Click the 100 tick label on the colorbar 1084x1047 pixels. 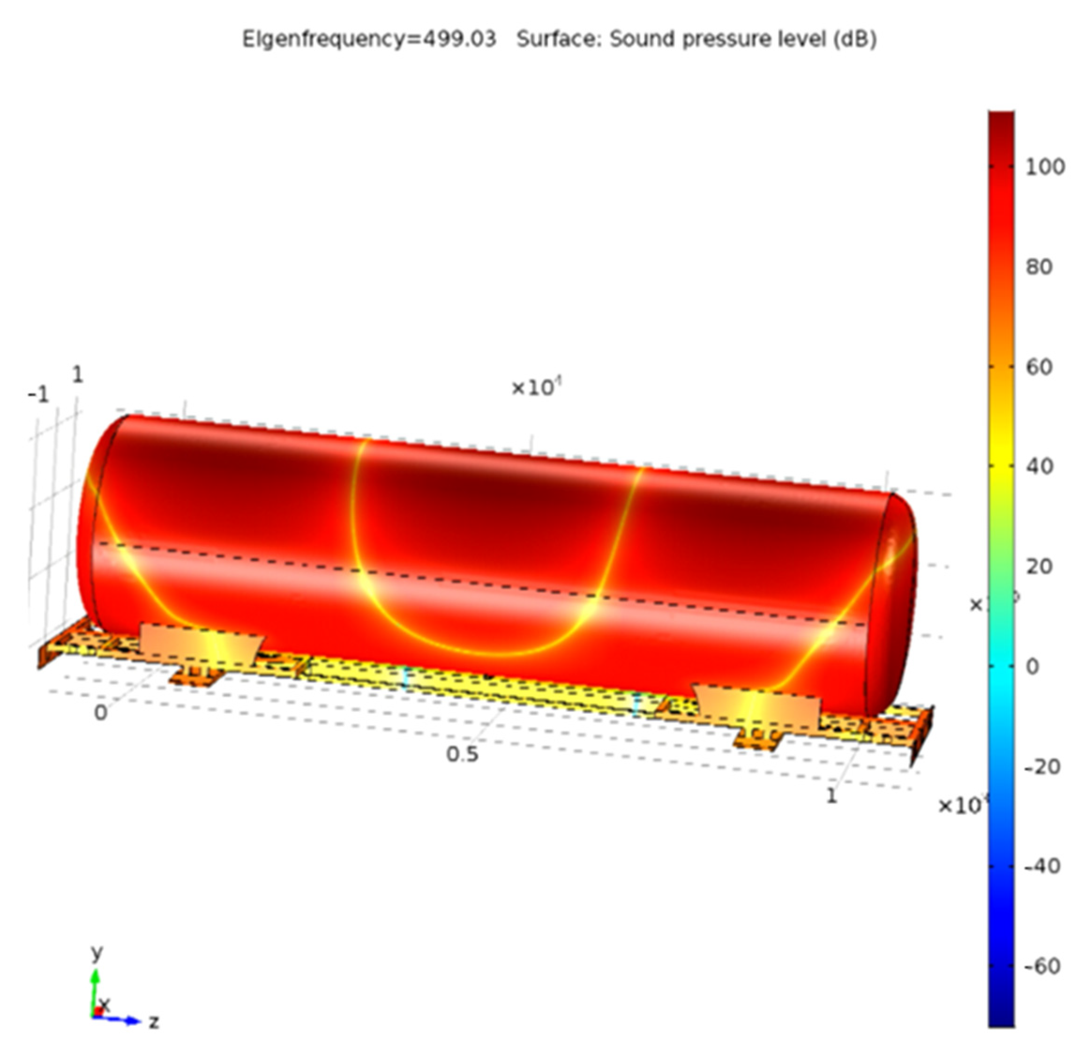tap(1045, 166)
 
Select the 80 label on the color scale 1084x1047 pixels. tap(1038, 267)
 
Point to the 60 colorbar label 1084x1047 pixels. tap(1038, 367)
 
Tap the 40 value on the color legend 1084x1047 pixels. tap(1038, 467)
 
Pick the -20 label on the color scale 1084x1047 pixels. tap(1041, 767)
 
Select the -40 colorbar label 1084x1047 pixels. tap(1041, 866)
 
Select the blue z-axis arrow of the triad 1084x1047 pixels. tap(125, 1020)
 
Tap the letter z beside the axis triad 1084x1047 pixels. tap(154, 1021)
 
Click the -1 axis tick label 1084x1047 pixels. tap(38, 395)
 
